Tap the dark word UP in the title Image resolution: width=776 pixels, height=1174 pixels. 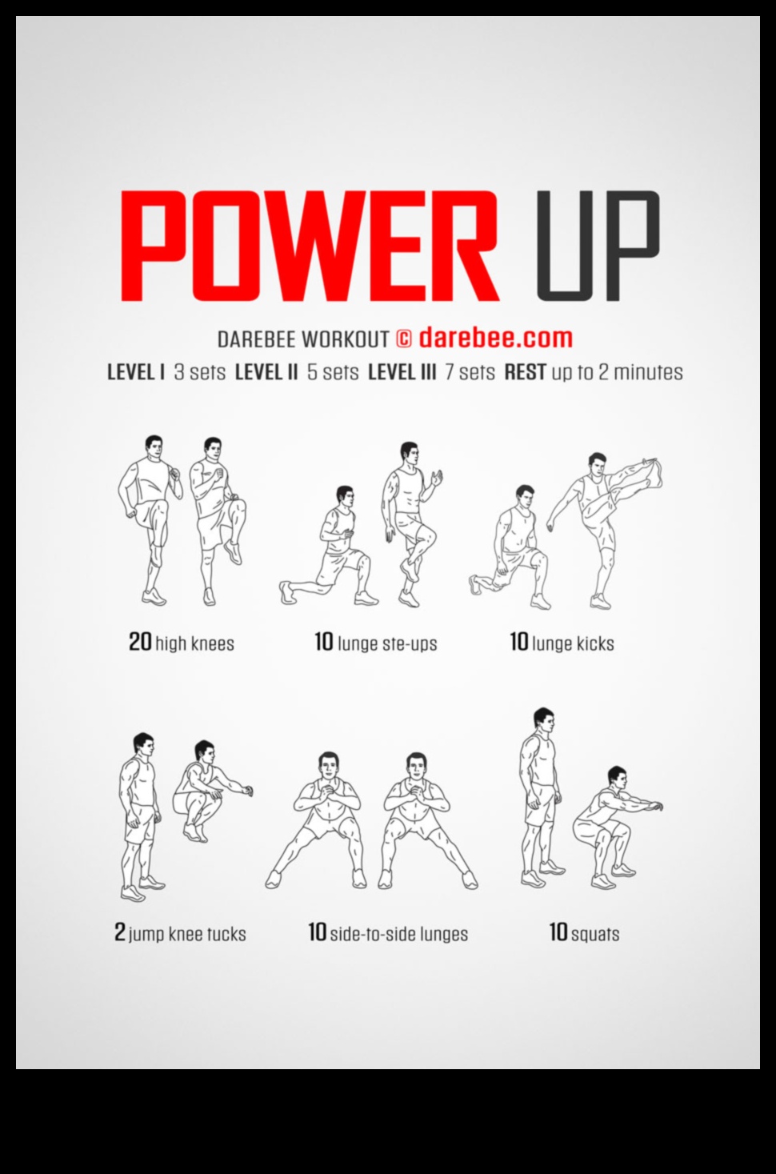point(598,246)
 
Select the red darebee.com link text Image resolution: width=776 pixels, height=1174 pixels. point(495,338)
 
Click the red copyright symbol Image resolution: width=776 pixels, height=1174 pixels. point(404,339)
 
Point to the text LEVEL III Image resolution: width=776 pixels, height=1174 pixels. point(402,372)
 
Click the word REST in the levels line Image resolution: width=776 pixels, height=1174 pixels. point(525,372)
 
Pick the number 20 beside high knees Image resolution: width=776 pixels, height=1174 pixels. point(140,642)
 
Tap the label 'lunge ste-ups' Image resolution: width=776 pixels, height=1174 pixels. point(387,643)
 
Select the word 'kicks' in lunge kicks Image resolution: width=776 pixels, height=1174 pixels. point(595,643)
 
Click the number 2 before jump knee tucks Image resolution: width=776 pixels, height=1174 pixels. point(120,932)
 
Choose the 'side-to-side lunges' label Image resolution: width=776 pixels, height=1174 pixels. point(398,933)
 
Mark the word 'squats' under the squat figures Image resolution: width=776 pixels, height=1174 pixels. point(595,934)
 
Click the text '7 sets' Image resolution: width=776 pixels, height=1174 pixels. point(470,372)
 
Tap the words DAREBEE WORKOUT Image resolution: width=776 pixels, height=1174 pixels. point(303,339)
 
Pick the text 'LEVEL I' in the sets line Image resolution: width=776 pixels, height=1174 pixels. point(136,372)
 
